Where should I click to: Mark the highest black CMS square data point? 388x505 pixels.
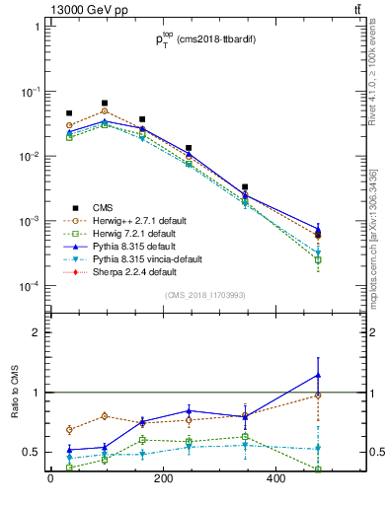[105, 103]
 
